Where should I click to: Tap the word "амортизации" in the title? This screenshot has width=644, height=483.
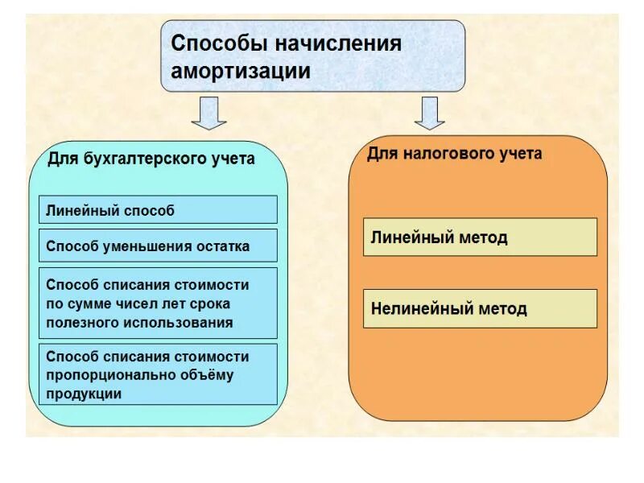(241, 71)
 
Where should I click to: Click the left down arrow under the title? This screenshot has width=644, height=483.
(208, 113)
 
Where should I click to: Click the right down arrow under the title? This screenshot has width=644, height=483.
(430, 113)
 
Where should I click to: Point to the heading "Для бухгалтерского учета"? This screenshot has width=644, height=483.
(151, 159)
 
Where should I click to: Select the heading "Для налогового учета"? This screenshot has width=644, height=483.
(455, 154)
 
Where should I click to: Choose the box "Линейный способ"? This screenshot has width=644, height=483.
(158, 211)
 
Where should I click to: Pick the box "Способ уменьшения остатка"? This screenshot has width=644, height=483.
(158, 246)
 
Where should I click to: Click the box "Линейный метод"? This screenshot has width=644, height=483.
(480, 237)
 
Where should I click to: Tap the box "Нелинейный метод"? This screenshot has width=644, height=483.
(480, 309)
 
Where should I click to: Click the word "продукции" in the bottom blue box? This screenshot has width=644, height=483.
(84, 394)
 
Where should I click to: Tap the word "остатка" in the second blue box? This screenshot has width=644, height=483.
(223, 246)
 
